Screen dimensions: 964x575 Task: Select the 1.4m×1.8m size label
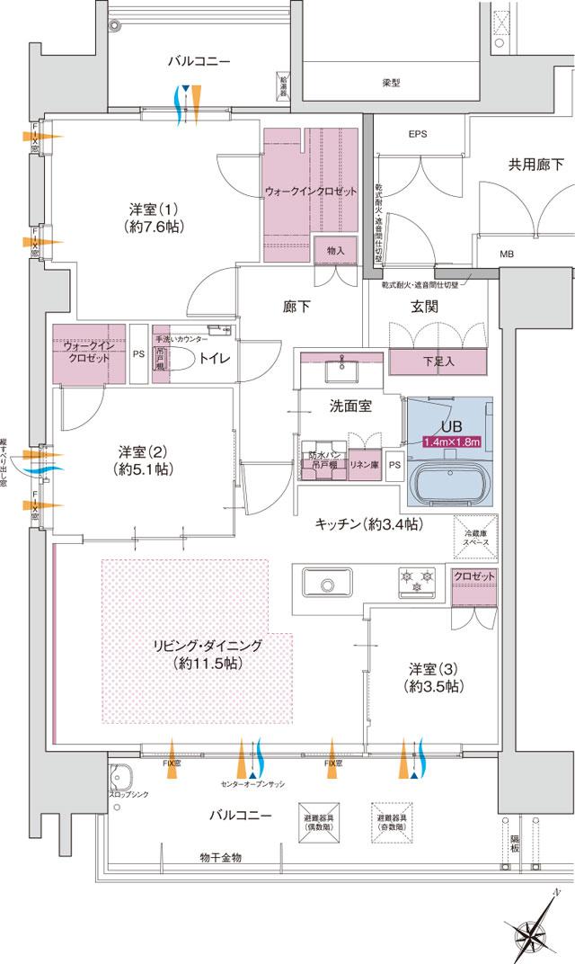(x=454, y=442)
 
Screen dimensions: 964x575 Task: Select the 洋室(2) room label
(x=144, y=460)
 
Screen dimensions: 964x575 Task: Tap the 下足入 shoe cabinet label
(x=438, y=362)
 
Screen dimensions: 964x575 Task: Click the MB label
(x=507, y=254)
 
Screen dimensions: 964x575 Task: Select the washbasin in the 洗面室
(x=344, y=370)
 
